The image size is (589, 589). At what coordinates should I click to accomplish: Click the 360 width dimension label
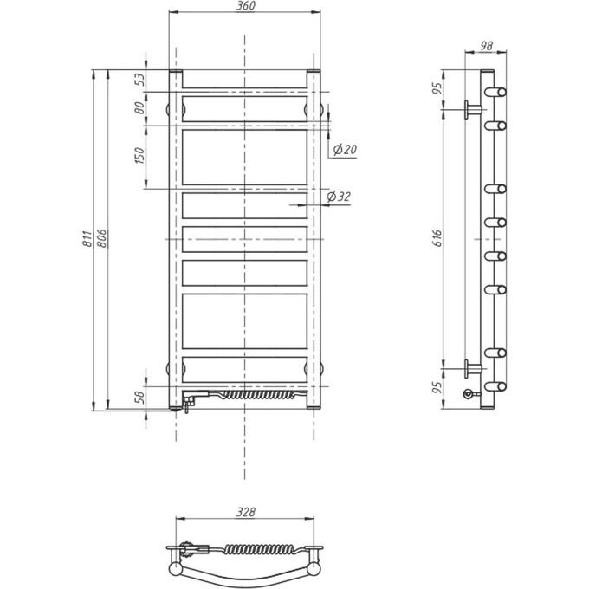click(246, 6)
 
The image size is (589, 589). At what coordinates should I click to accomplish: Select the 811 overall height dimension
click(87, 238)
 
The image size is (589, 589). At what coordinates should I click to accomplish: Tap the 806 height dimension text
click(102, 238)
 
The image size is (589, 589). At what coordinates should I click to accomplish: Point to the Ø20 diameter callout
click(345, 150)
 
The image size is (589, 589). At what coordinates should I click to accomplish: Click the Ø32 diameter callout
click(339, 197)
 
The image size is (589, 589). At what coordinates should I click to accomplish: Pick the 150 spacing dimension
click(139, 156)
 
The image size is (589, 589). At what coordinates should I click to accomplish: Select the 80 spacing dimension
click(139, 108)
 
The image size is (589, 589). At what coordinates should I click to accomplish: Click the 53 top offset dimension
click(139, 80)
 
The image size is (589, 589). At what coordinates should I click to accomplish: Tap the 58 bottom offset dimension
click(139, 397)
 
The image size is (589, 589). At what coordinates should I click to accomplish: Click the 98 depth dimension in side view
click(487, 46)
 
